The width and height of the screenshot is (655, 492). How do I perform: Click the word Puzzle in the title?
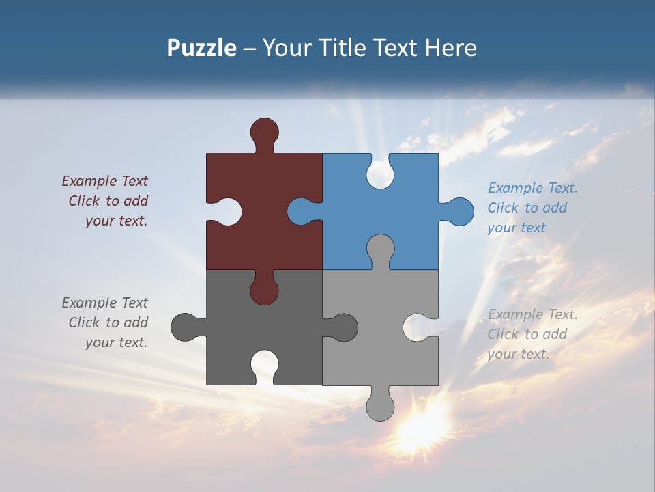pyautogui.click(x=201, y=48)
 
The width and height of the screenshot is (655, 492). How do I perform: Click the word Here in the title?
pyautogui.click(x=450, y=48)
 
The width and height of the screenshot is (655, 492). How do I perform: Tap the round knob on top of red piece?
pyautogui.click(x=264, y=131)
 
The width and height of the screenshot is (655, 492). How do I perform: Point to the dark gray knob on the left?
pyautogui.click(x=185, y=327)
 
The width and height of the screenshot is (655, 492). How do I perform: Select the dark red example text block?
pyautogui.click(x=106, y=201)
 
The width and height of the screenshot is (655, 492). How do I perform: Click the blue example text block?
pyautogui.click(x=532, y=208)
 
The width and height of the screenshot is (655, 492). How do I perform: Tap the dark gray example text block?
pyautogui.click(x=106, y=323)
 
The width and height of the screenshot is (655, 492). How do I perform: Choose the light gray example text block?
pyautogui.click(x=532, y=334)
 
